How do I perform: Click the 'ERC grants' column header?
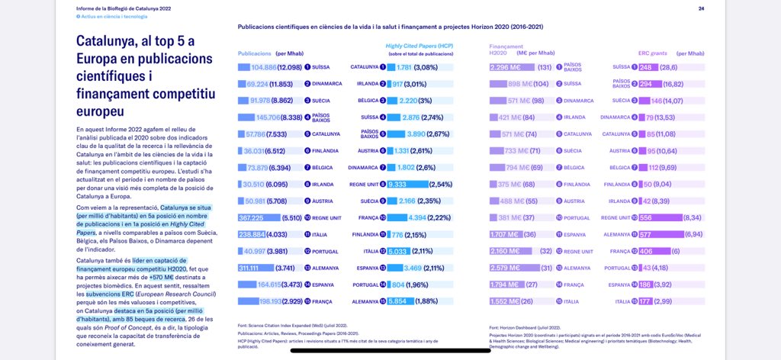click(x=652, y=53)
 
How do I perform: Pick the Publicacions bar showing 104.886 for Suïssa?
click(x=271, y=67)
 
